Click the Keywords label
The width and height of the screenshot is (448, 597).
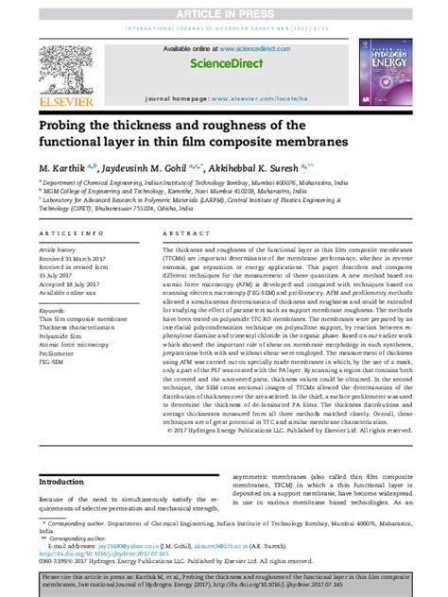53,310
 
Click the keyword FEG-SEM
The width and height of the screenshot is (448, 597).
55,363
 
